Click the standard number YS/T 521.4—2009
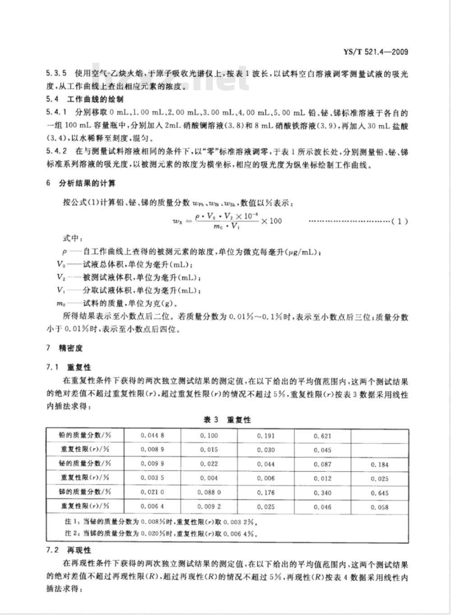(x=375, y=52)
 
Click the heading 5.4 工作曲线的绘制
(x=85, y=99)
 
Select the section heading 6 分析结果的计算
(x=81, y=184)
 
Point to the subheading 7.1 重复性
(x=69, y=368)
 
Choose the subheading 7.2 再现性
(x=69, y=550)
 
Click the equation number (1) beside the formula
(x=400, y=221)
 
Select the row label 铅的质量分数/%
(x=85, y=435)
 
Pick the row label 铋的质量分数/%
(x=85, y=463)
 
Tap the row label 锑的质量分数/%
(x=85, y=492)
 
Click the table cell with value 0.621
(x=322, y=436)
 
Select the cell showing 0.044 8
(x=152, y=435)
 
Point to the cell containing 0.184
(x=380, y=464)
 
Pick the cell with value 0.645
(x=380, y=493)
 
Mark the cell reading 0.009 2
(x=209, y=506)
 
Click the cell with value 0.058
(x=380, y=507)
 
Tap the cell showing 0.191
(x=266, y=436)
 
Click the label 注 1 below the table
(x=71, y=522)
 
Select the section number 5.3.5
(x=56, y=74)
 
